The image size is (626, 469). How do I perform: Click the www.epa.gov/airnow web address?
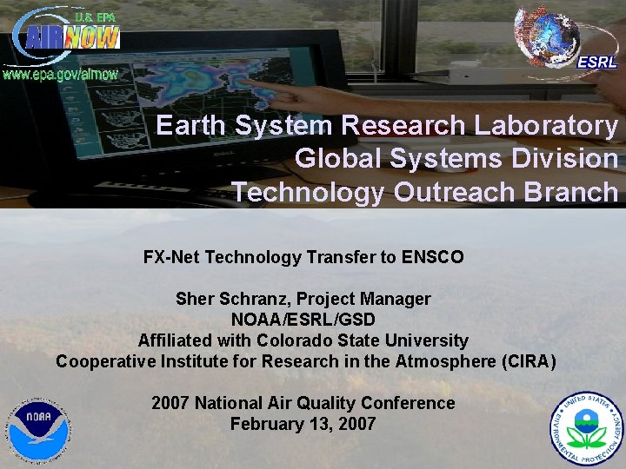(x=60, y=74)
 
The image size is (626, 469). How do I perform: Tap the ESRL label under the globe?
(x=597, y=62)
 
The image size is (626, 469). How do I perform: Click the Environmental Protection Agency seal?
(x=586, y=428)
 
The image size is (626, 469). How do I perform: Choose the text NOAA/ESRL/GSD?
(x=303, y=320)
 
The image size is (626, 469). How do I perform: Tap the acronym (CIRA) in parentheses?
(x=523, y=361)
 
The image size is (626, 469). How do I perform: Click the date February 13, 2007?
(x=303, y=424)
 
